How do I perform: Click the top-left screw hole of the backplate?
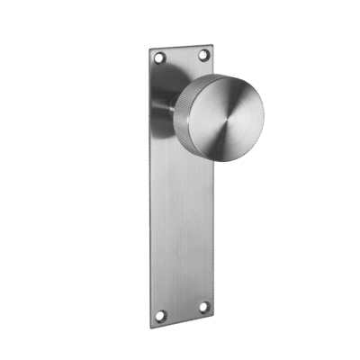[160, 58]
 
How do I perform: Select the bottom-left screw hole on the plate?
[161, 315]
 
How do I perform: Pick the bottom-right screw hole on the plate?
[202, 308]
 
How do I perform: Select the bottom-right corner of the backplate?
[215, 317]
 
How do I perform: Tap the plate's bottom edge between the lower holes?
[182, 322]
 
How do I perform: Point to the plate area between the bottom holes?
[182, 311]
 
